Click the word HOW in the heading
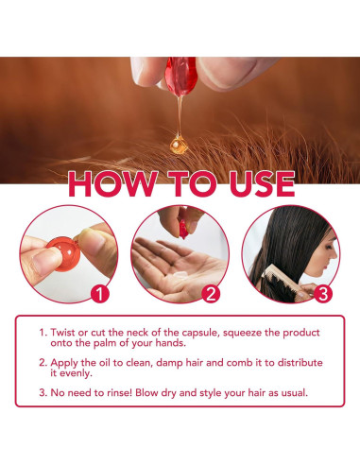tap(112, 184)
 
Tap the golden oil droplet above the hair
tap(179, 145)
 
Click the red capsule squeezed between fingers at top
tap(180, 77)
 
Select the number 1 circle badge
tap(100, 294)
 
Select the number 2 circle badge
tap(211, 294)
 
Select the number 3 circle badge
tap(323, 294)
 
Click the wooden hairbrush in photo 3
tap(281, 282)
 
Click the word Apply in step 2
tap(64, 363)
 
